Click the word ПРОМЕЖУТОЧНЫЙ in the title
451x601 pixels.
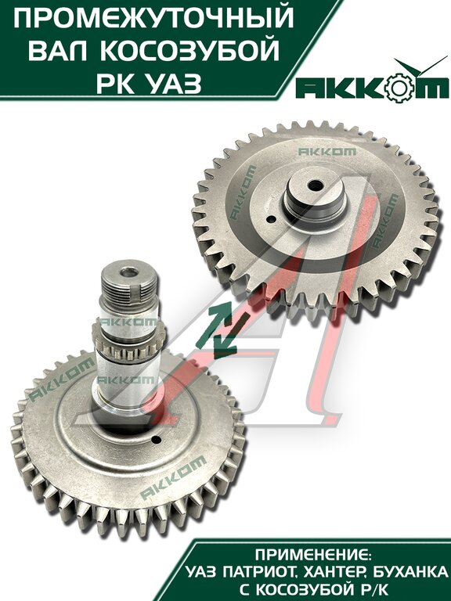point(153,19)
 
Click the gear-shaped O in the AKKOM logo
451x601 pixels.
point(399,88)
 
